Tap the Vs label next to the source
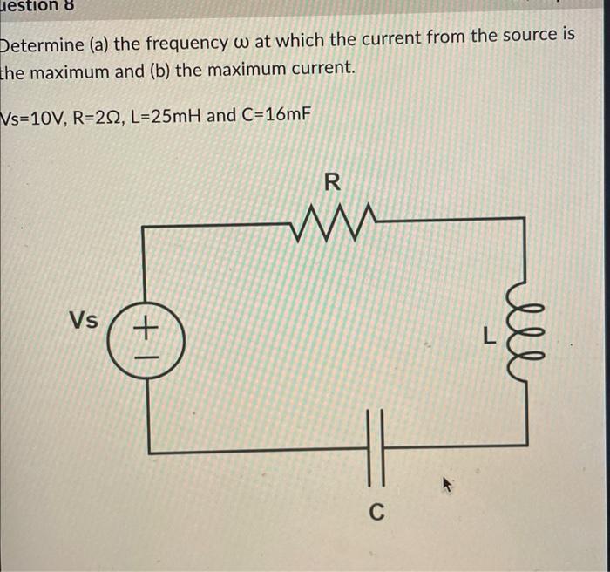[84, 320]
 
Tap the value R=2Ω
[98, 116]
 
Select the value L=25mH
[166, 116]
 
